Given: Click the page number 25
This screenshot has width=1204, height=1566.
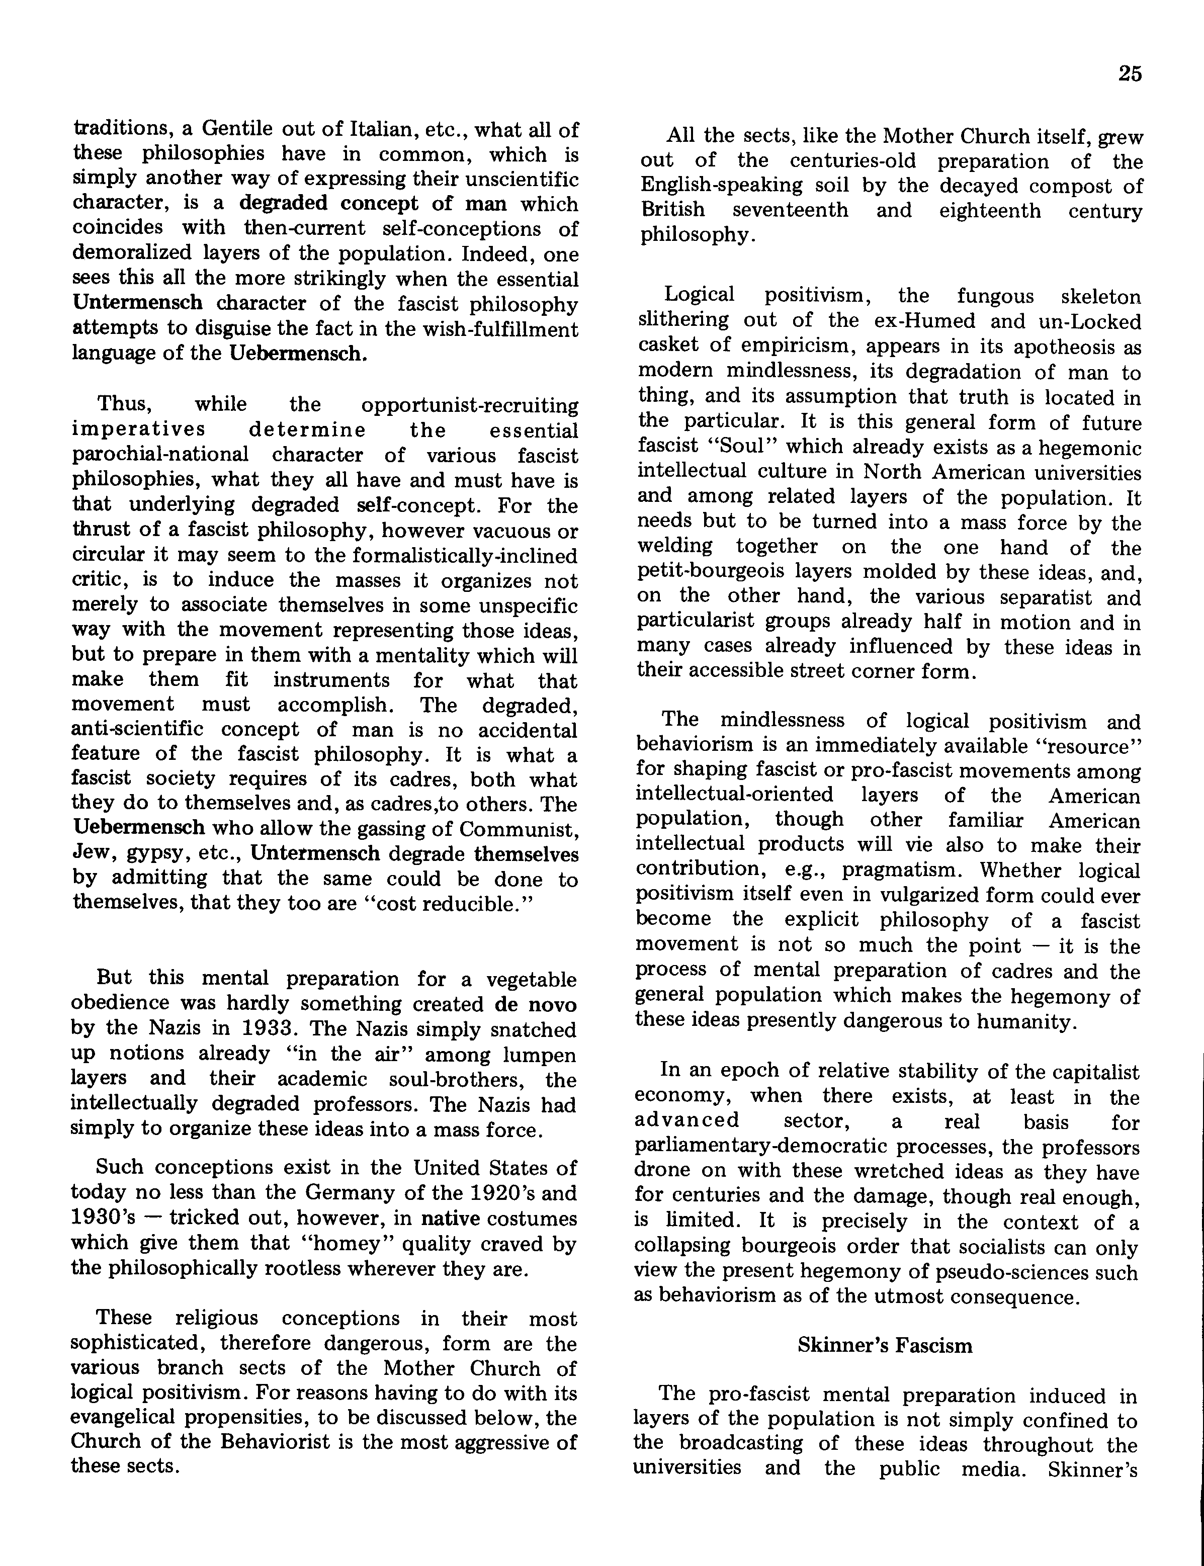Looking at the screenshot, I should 1129,74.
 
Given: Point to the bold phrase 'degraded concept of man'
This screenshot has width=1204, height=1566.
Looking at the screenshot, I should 373,204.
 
